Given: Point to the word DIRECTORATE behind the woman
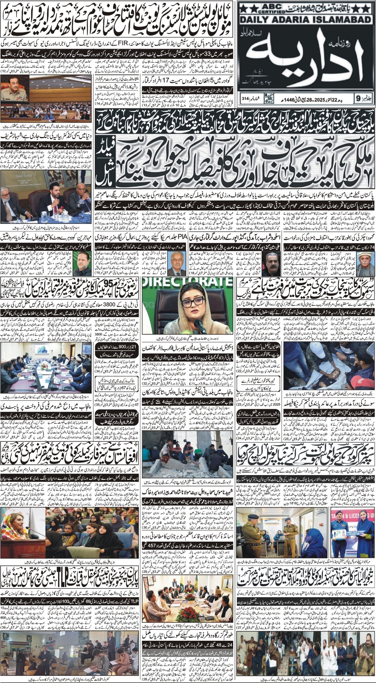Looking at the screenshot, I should [188, 282].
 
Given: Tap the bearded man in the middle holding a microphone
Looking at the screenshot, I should [55, 200].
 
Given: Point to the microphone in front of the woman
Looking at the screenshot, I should [197, 326].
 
